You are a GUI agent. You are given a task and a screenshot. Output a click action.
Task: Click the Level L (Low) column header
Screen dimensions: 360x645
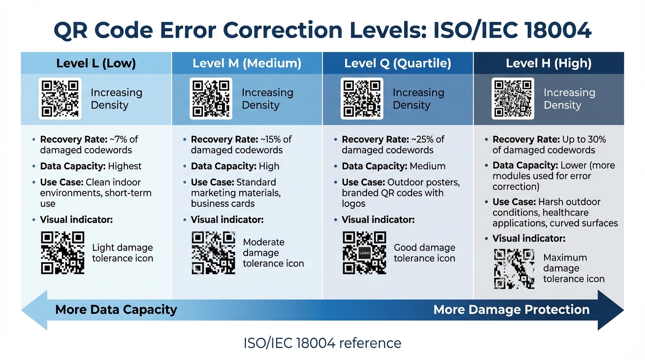click(96, 63)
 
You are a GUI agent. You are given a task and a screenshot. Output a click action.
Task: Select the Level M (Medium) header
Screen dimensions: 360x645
click(247, 63)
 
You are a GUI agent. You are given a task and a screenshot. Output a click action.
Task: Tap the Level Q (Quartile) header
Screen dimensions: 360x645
click(397, 63)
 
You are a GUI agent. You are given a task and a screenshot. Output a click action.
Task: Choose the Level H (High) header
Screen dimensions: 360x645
click(548, 63)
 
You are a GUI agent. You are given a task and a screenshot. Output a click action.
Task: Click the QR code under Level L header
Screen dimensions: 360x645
click(60, 98)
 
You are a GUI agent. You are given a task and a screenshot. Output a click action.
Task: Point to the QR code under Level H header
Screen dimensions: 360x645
click(513, 98)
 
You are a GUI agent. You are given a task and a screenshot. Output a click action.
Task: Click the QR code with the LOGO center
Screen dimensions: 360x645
click(364, 253)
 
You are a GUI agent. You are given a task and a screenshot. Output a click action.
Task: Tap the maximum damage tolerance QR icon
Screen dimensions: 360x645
click(514, 269)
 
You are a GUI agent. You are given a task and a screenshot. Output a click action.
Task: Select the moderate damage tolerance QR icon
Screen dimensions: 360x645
click(213, 253)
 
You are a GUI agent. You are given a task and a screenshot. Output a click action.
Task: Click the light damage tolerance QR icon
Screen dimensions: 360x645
click(62, 253)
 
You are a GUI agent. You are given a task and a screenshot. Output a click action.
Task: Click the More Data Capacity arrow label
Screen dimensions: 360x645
click(116, 309)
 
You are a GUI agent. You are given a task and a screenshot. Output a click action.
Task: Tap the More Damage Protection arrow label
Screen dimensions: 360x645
click(511, 309)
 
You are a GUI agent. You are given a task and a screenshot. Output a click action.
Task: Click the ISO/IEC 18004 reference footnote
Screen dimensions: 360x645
click(322, 343)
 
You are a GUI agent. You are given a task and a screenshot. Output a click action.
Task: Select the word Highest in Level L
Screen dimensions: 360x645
click(125, 166)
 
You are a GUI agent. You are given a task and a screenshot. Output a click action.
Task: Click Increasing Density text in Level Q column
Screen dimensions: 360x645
click(418, 99)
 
